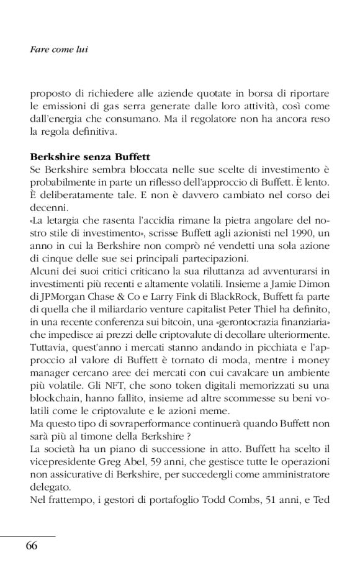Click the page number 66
pos(32,546)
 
